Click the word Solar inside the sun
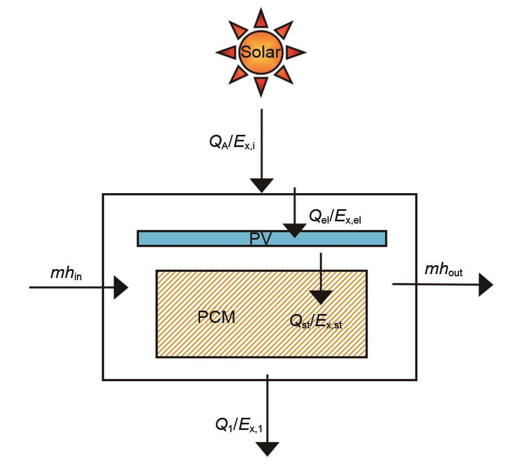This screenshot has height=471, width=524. pyautogui.click(x=261, y=53)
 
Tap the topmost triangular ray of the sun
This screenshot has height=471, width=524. pyautogui.click(x=261, y=18)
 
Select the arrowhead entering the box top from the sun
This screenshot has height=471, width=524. pyautogui.click(x=261, y=185)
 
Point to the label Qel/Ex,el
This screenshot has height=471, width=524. pyautogui.click(x=335, y=217)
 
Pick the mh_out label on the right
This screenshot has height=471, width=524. pyautogui.click(x=444, y=270)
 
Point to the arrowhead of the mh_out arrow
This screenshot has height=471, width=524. pyautogui.click(x=485, y=285)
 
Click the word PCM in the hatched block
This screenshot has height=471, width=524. pyautogui.click(x=216, y=317)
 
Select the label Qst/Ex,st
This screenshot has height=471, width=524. pyautogui.click(x=316, y=322)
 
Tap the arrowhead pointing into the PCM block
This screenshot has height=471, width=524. pyautogui.click(x=321, y=297)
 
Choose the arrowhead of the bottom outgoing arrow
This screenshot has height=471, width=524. pyautogui.click(x=267, y=448)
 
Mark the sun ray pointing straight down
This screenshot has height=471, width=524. pyautogui.click(x=261, y=86)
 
